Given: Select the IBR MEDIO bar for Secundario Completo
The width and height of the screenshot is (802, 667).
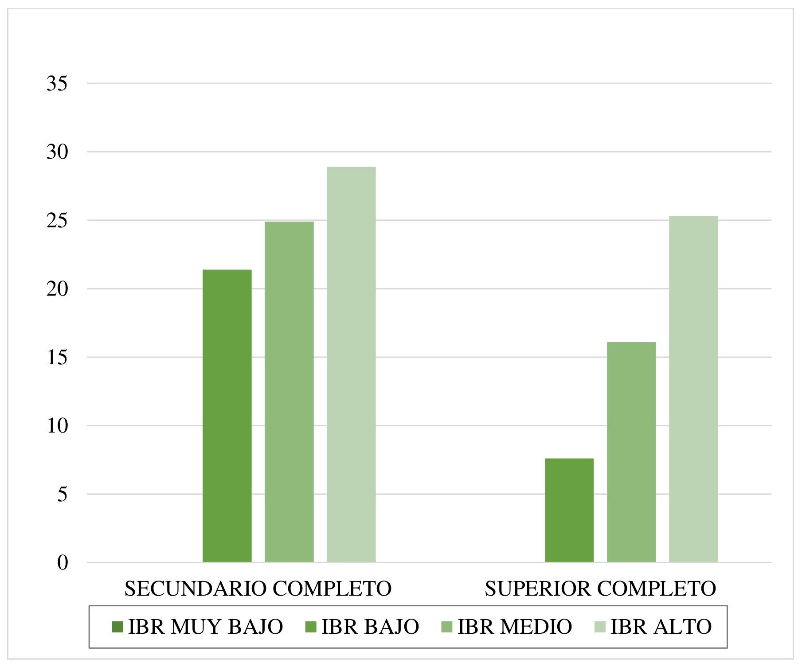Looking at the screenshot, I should (289, 392).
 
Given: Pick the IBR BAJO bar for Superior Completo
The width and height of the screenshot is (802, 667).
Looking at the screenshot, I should (569, 510).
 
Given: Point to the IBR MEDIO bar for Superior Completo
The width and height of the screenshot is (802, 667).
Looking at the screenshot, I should (631, 452).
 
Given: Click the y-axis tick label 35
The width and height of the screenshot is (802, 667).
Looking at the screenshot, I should (57, 83).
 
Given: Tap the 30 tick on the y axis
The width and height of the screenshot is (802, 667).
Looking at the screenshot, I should (57, 152).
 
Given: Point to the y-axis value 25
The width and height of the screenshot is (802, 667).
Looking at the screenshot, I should (57, 221).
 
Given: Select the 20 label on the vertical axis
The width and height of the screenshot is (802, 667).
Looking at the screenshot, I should (57, 289).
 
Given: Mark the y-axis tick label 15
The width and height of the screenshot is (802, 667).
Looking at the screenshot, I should (57, 358).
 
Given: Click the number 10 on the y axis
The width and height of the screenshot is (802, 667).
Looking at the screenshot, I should (57, 426).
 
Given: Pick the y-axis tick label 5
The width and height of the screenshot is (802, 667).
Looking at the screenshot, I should (62, 495).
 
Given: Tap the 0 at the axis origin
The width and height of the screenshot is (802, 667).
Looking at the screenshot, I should (63, 563).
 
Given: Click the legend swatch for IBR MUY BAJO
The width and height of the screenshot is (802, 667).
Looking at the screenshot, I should (117, 627).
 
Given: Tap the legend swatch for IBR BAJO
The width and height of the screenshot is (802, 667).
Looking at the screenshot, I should (311, 627).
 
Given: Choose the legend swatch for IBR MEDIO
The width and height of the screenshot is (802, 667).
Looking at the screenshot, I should (447, 627).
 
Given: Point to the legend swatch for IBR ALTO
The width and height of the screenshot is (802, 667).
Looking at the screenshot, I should (600, 627).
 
